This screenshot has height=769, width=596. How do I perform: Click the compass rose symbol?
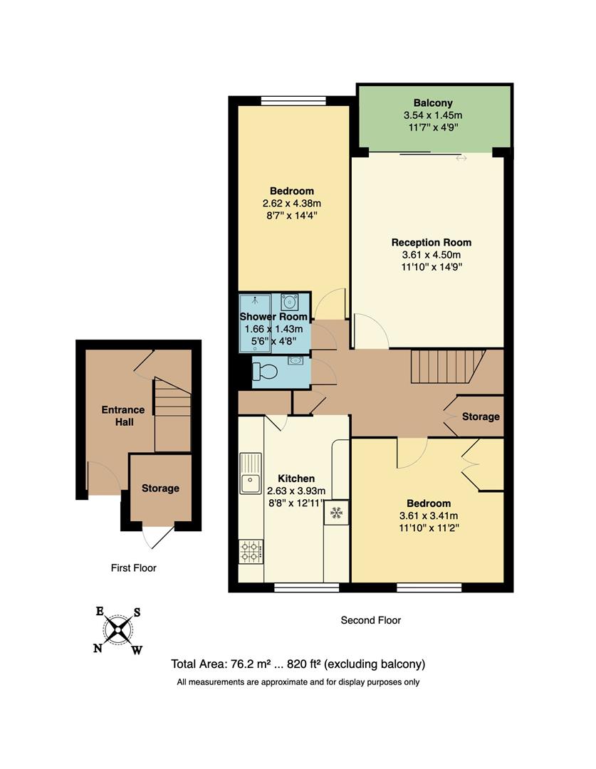tap(118, 629)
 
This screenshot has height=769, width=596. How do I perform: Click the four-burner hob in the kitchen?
tap(250, 549)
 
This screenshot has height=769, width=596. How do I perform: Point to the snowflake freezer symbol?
tap(336, 512)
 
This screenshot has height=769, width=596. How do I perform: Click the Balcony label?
tap(433, 103)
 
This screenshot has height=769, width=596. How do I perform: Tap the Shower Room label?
tap(273, 317)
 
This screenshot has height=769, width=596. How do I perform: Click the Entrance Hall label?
tap(122, 416)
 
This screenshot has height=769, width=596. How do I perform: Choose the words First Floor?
tap(133, 568)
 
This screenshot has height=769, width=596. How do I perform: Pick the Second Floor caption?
tap(370, 620)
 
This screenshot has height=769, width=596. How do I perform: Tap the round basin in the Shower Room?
tap(289, 301)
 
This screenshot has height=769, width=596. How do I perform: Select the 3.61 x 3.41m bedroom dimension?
tap(429, 516)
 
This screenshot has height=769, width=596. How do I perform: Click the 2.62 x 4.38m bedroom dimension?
tap(291, 203)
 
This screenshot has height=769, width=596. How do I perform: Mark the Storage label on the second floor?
tap(481, 417)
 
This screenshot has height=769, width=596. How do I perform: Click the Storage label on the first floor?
tap(160, 488)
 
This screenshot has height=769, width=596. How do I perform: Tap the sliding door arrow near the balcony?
tap(461, 158)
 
